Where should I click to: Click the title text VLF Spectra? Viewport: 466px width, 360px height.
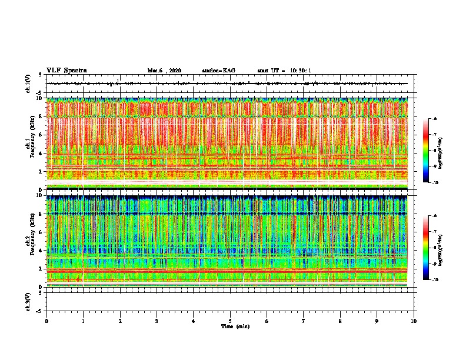coord(66,70)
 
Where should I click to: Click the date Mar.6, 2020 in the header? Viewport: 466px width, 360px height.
coord(164,71)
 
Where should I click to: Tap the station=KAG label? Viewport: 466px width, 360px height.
coord(218,71)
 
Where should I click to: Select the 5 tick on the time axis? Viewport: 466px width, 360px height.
coord(230,321)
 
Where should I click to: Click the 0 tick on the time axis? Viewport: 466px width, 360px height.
coord(46,321)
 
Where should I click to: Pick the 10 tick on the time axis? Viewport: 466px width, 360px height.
coord(414,321)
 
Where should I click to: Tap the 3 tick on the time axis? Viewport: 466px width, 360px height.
coord(157,321)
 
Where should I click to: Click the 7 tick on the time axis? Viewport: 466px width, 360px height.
coord(304,321)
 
